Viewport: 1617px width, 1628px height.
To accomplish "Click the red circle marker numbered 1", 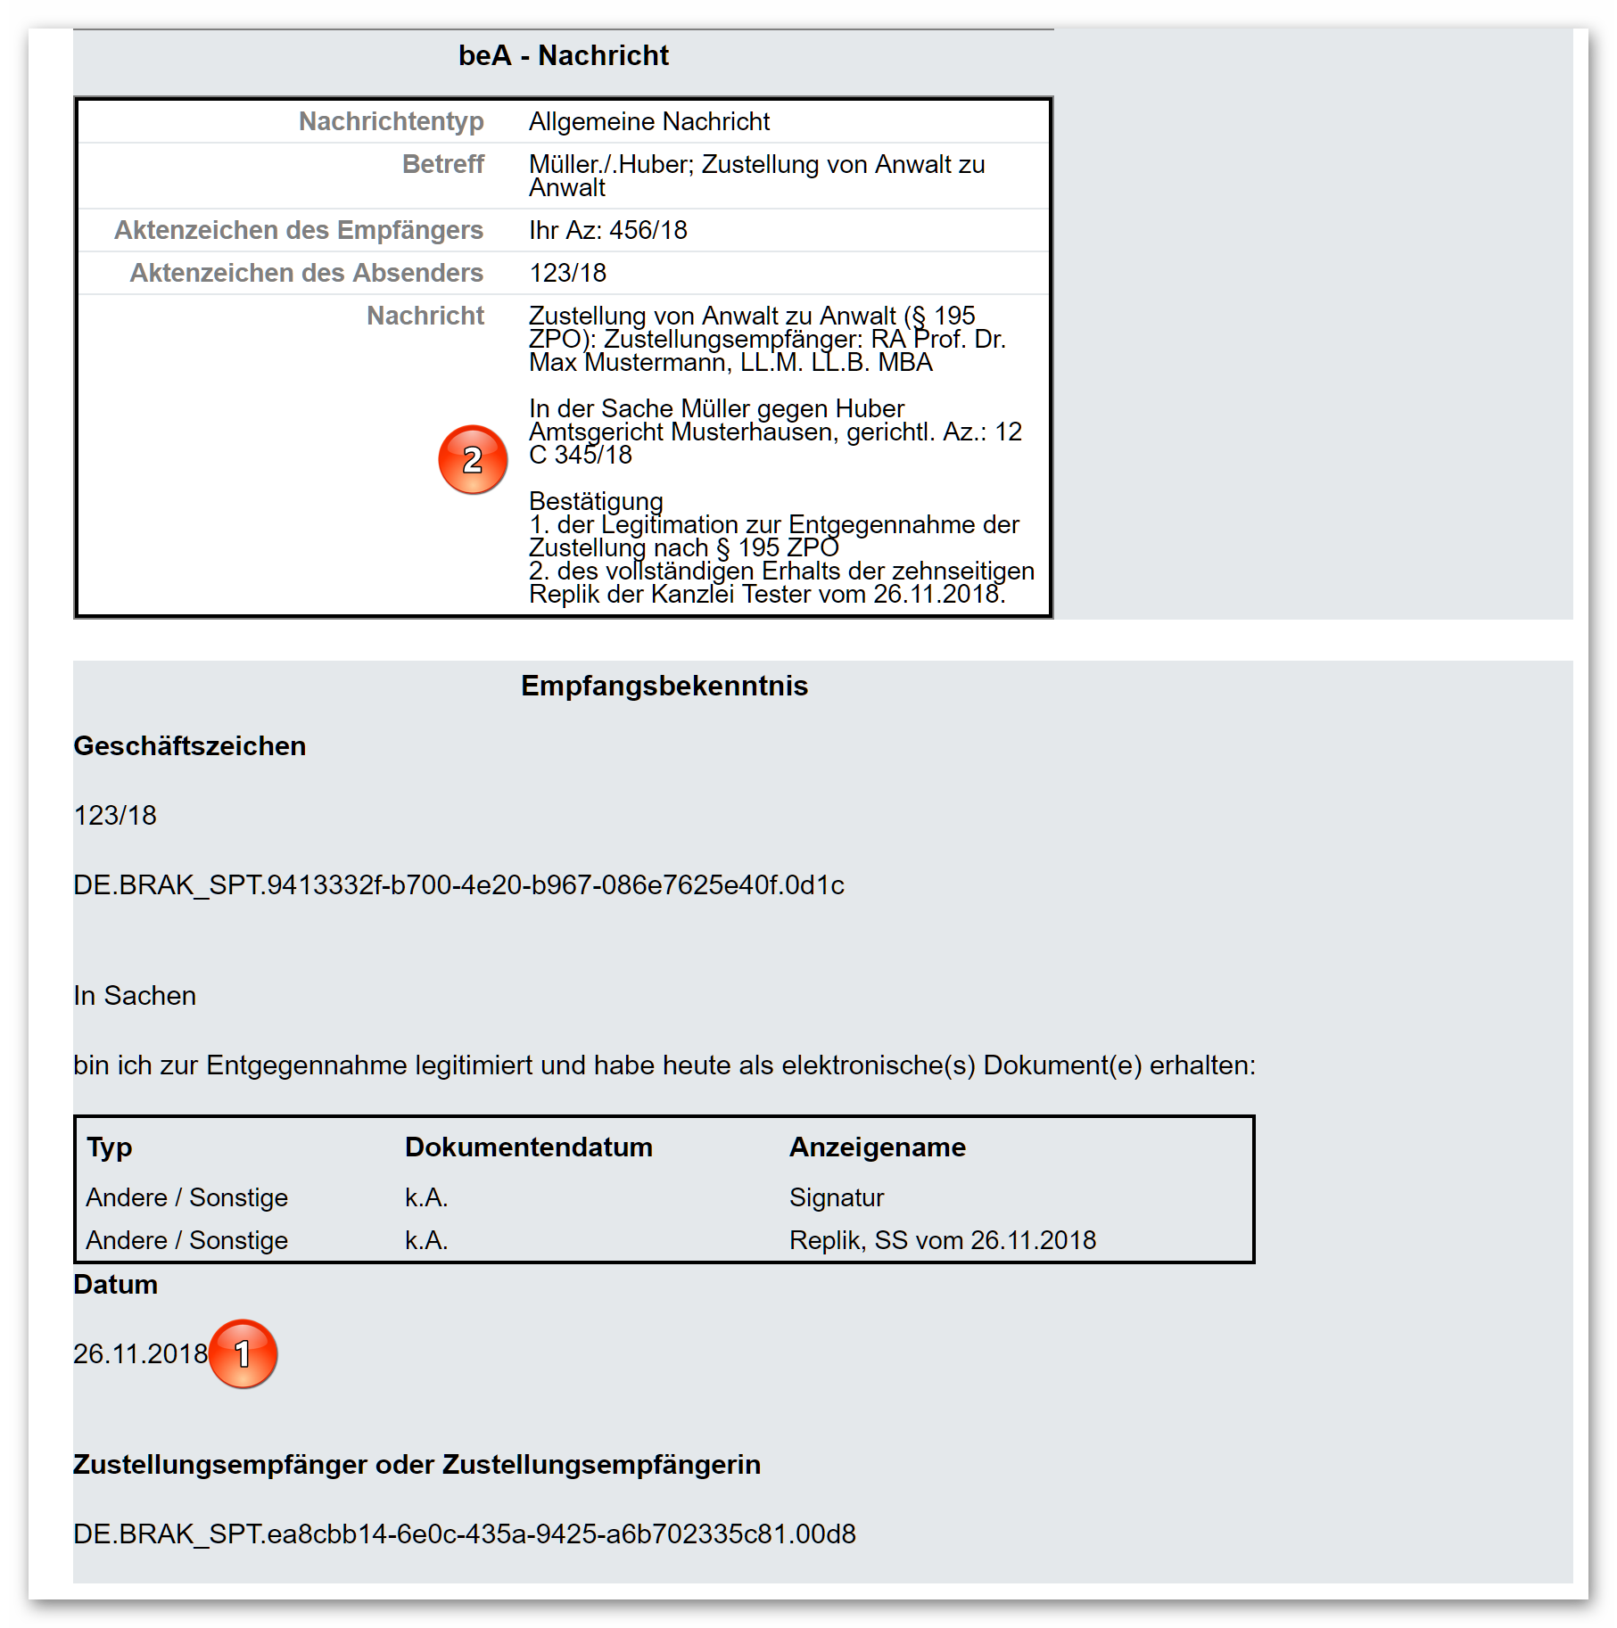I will coord(243,1353).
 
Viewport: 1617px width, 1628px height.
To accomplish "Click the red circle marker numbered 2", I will coord(473,459).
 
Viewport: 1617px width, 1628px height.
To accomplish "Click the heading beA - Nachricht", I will coord(563,56).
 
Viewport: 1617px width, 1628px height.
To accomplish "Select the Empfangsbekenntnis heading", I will coord(664,686).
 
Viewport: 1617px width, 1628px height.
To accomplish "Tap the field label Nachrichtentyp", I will coord(391,121).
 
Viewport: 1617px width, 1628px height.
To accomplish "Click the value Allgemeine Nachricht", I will coord(648,121).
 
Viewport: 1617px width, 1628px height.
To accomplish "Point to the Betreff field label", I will coord(442,164).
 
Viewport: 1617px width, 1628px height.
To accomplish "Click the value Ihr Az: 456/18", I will coord(607,230).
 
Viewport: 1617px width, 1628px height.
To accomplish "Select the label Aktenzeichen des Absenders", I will coord(306,273).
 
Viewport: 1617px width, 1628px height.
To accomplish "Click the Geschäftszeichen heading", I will coord(189,746).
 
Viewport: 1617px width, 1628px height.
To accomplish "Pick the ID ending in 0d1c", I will coord(458,885).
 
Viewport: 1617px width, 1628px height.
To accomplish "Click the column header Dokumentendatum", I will coord(528,1147).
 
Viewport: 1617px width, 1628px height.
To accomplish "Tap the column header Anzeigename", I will coord(877,1147).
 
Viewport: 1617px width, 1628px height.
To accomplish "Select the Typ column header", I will coord(109,1147).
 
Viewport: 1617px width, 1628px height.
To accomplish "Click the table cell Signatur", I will coord(836,1197).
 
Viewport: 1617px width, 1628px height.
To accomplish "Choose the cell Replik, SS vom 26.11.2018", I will coord(942,1240).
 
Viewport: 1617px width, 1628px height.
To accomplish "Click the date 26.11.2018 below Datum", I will coord(140,1353).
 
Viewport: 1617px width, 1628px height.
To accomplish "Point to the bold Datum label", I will coord(115,1285).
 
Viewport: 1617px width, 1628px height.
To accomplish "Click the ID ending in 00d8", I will coord(464,1534).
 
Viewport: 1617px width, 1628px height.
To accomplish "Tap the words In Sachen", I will coord(135,996).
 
